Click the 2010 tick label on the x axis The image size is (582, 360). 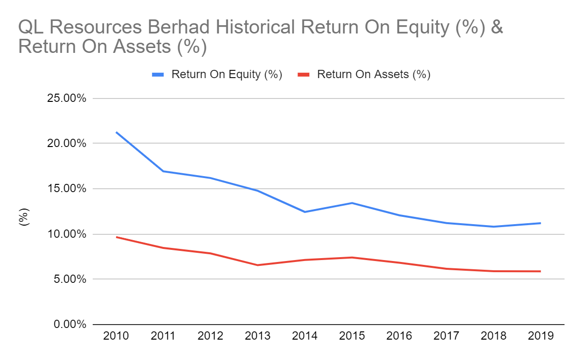[116, 336]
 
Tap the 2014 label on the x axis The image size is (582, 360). [304, 336]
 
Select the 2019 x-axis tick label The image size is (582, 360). [540, 336]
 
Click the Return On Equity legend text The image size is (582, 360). [227, 75]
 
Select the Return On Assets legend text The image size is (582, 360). [374, 75]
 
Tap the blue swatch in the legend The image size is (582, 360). [158, 75]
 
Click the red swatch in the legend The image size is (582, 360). [304, 75]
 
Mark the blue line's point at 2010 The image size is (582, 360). [116, 132]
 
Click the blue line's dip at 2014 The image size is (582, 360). [305, 212]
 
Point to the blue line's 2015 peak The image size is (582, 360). [352, 203]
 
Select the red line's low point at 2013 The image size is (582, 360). [258, 265]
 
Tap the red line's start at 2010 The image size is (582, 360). [116, 237]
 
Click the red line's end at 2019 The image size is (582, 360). [540, 271]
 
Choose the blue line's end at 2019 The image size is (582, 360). [540, 223]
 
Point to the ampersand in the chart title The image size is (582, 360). [496, 28]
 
